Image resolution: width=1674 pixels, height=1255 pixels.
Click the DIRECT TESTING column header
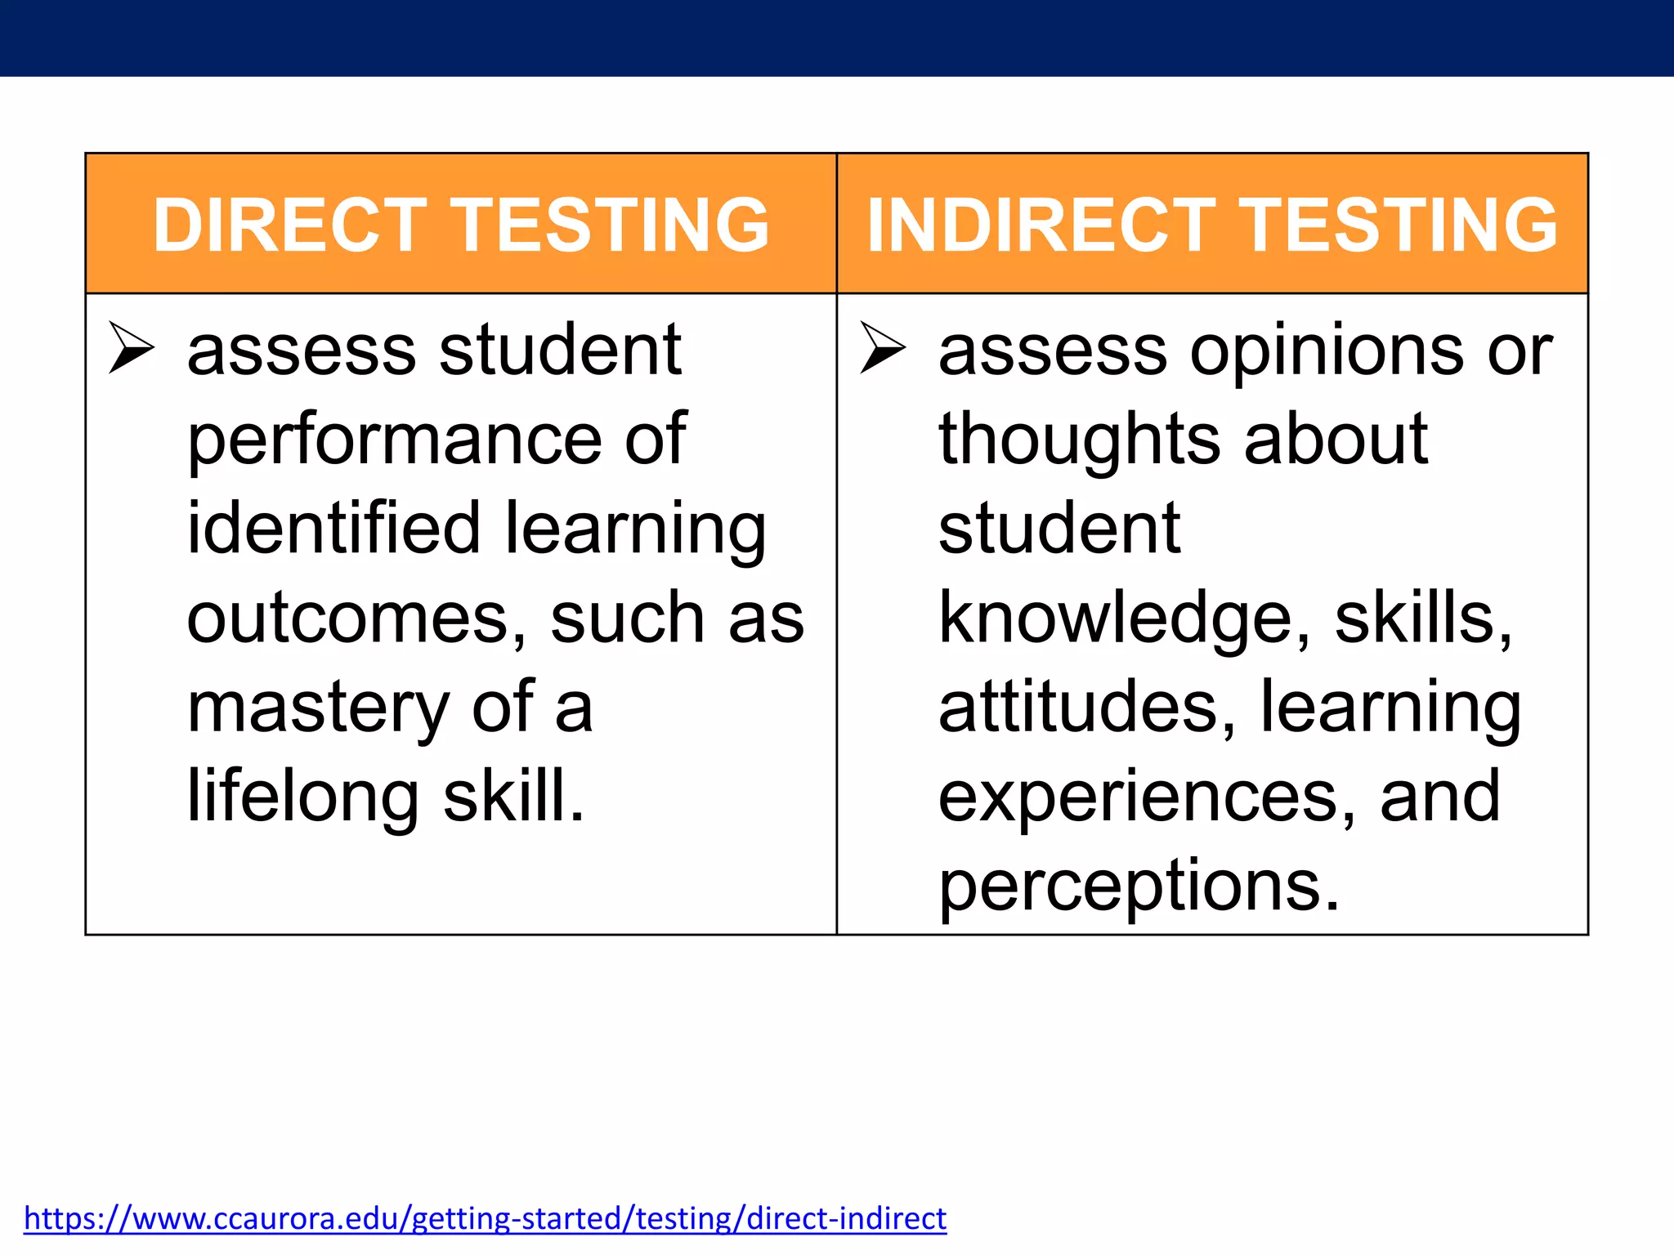click(x=461, y=224)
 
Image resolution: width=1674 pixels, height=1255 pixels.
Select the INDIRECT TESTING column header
click(x=1212, y=224)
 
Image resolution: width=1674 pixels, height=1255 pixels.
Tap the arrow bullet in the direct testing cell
click(x=132, y=348)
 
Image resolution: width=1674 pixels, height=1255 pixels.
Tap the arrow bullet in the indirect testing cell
click(x=883, y=348)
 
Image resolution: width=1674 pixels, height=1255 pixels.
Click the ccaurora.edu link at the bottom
click(x=485, y=1218)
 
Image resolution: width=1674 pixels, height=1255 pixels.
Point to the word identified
click(x=333, y=529)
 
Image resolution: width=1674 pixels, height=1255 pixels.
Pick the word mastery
click(x=318, y=708)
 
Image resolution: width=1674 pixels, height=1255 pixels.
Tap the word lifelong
click(x=303, y=797)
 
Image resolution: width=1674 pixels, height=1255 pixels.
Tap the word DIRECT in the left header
click(x=290, y=224)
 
